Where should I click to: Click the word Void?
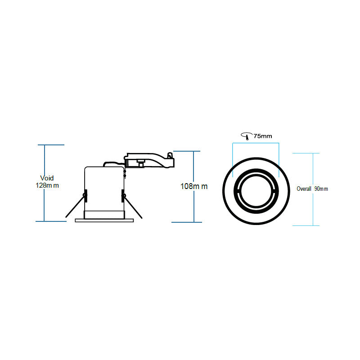[x=47, y=178]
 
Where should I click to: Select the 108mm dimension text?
[x=194, y=186]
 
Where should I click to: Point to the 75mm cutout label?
[x=263, y=135]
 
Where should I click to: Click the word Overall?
[x=304, y=189]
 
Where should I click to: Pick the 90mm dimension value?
[x=321, y=189]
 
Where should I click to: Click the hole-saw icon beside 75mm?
[x=246, y=136]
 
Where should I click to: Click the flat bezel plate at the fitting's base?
[x=103, y=220]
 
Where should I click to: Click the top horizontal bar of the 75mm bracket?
[x=256, y=143]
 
